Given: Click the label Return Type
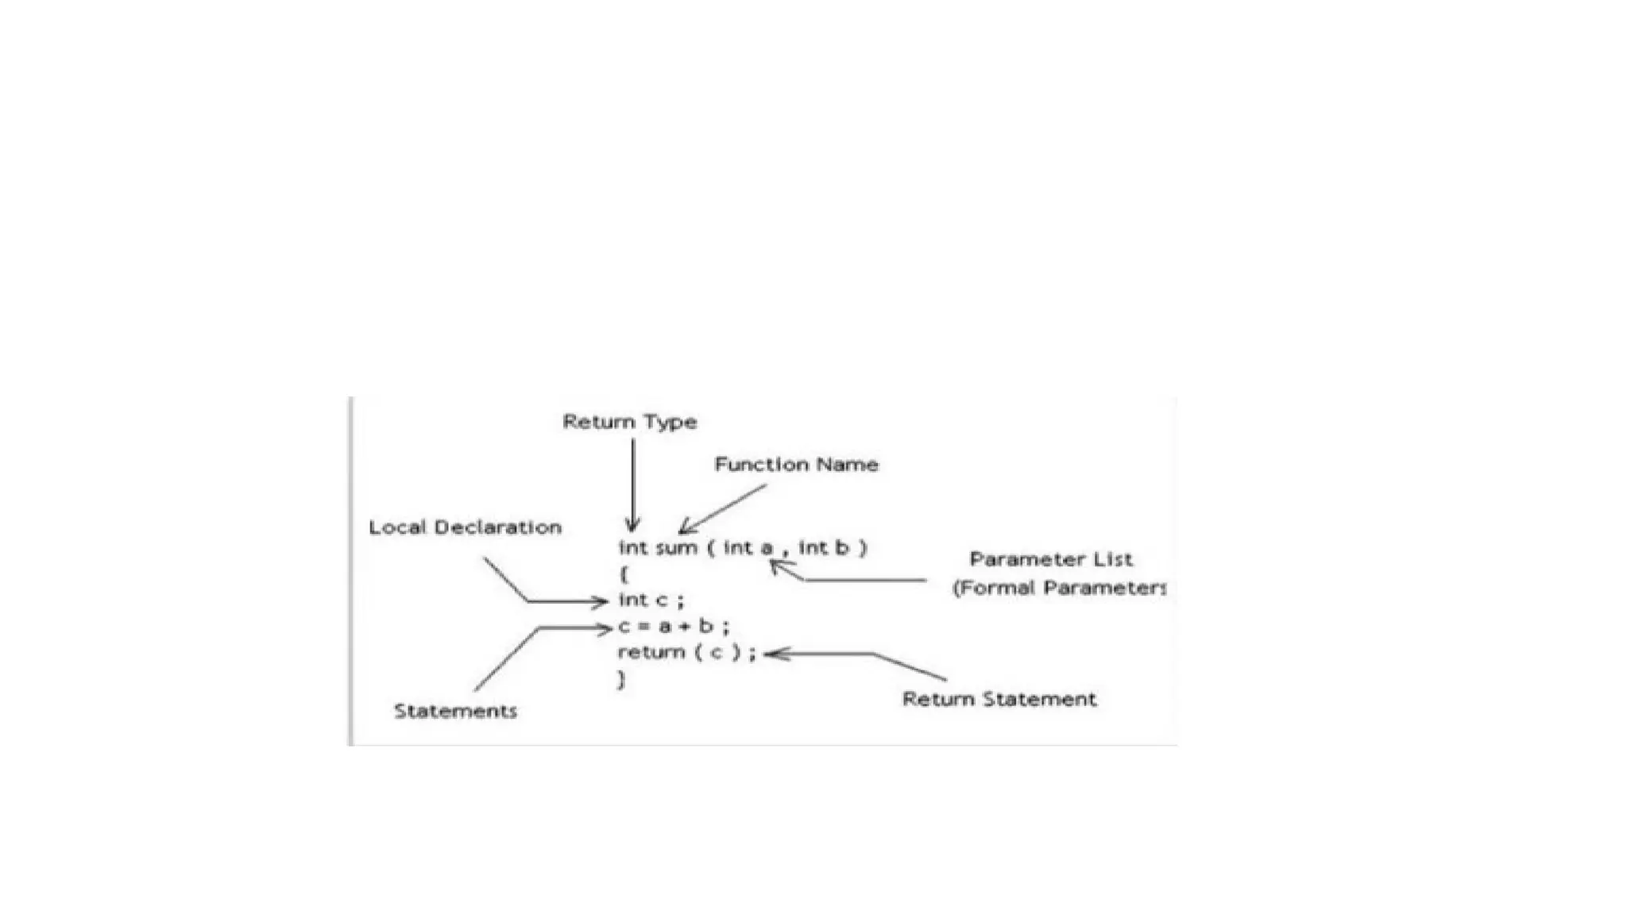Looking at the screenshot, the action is [629, 422].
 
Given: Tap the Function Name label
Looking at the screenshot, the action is [796, 465].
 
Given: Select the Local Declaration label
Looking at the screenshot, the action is [465, 527].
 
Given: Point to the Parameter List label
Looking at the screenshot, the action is [1050, 559].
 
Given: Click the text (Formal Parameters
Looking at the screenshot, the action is [1059, 588].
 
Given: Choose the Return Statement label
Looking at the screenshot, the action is [999, 699].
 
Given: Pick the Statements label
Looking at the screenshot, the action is [455, 711].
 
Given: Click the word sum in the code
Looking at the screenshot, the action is [676, 548].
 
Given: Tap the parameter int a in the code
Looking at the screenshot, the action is [748, 548].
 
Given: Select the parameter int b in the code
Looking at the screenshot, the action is [824, 548].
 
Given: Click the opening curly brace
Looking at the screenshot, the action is [624, 573].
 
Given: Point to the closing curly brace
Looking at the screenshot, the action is [622, 679].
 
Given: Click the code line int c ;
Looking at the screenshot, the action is [651, 600].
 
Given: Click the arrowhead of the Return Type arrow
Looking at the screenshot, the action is [632, 527].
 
